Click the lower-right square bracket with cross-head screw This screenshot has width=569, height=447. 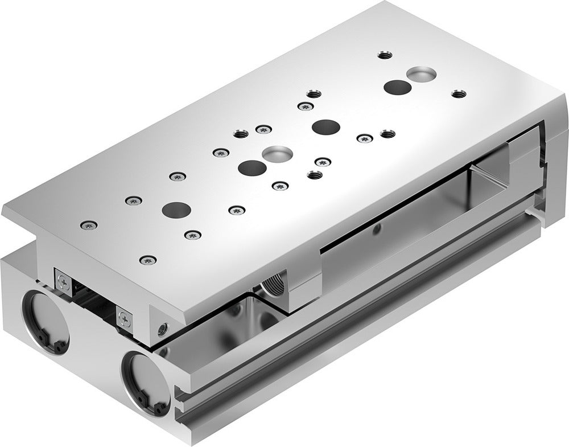[125, 318]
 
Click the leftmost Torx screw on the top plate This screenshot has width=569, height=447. [88, 226]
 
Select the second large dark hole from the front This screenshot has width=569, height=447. [252, 167]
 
